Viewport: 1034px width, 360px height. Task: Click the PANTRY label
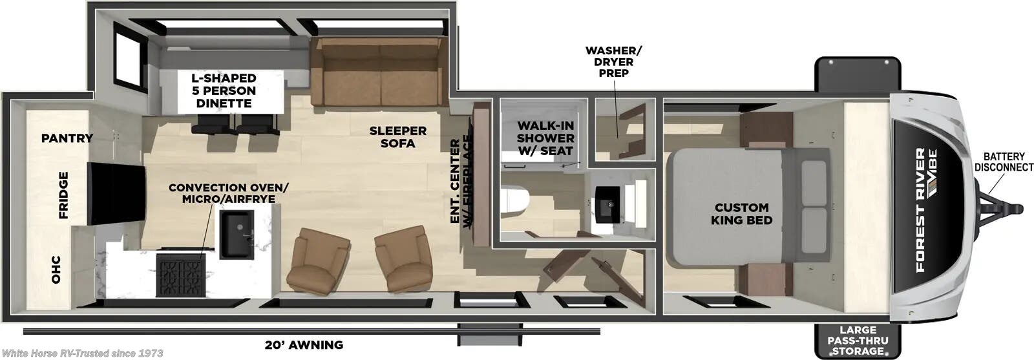pos(67,138)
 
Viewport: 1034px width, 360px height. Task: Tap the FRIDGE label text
pos(63,195)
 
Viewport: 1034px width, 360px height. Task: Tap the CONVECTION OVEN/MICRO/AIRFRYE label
pos(229,193)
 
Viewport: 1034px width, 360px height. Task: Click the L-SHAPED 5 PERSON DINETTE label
pos(223,90)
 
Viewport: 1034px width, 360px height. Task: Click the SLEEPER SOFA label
pos(398,136)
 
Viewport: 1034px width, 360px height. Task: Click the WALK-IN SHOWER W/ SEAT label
pos(545,138)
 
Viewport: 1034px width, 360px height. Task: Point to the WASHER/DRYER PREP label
pos(613,61)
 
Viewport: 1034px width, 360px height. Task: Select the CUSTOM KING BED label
pos(741,213)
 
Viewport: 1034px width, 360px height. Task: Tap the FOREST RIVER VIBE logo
pos(928,207)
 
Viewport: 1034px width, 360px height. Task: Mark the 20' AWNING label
pos(303,344)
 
